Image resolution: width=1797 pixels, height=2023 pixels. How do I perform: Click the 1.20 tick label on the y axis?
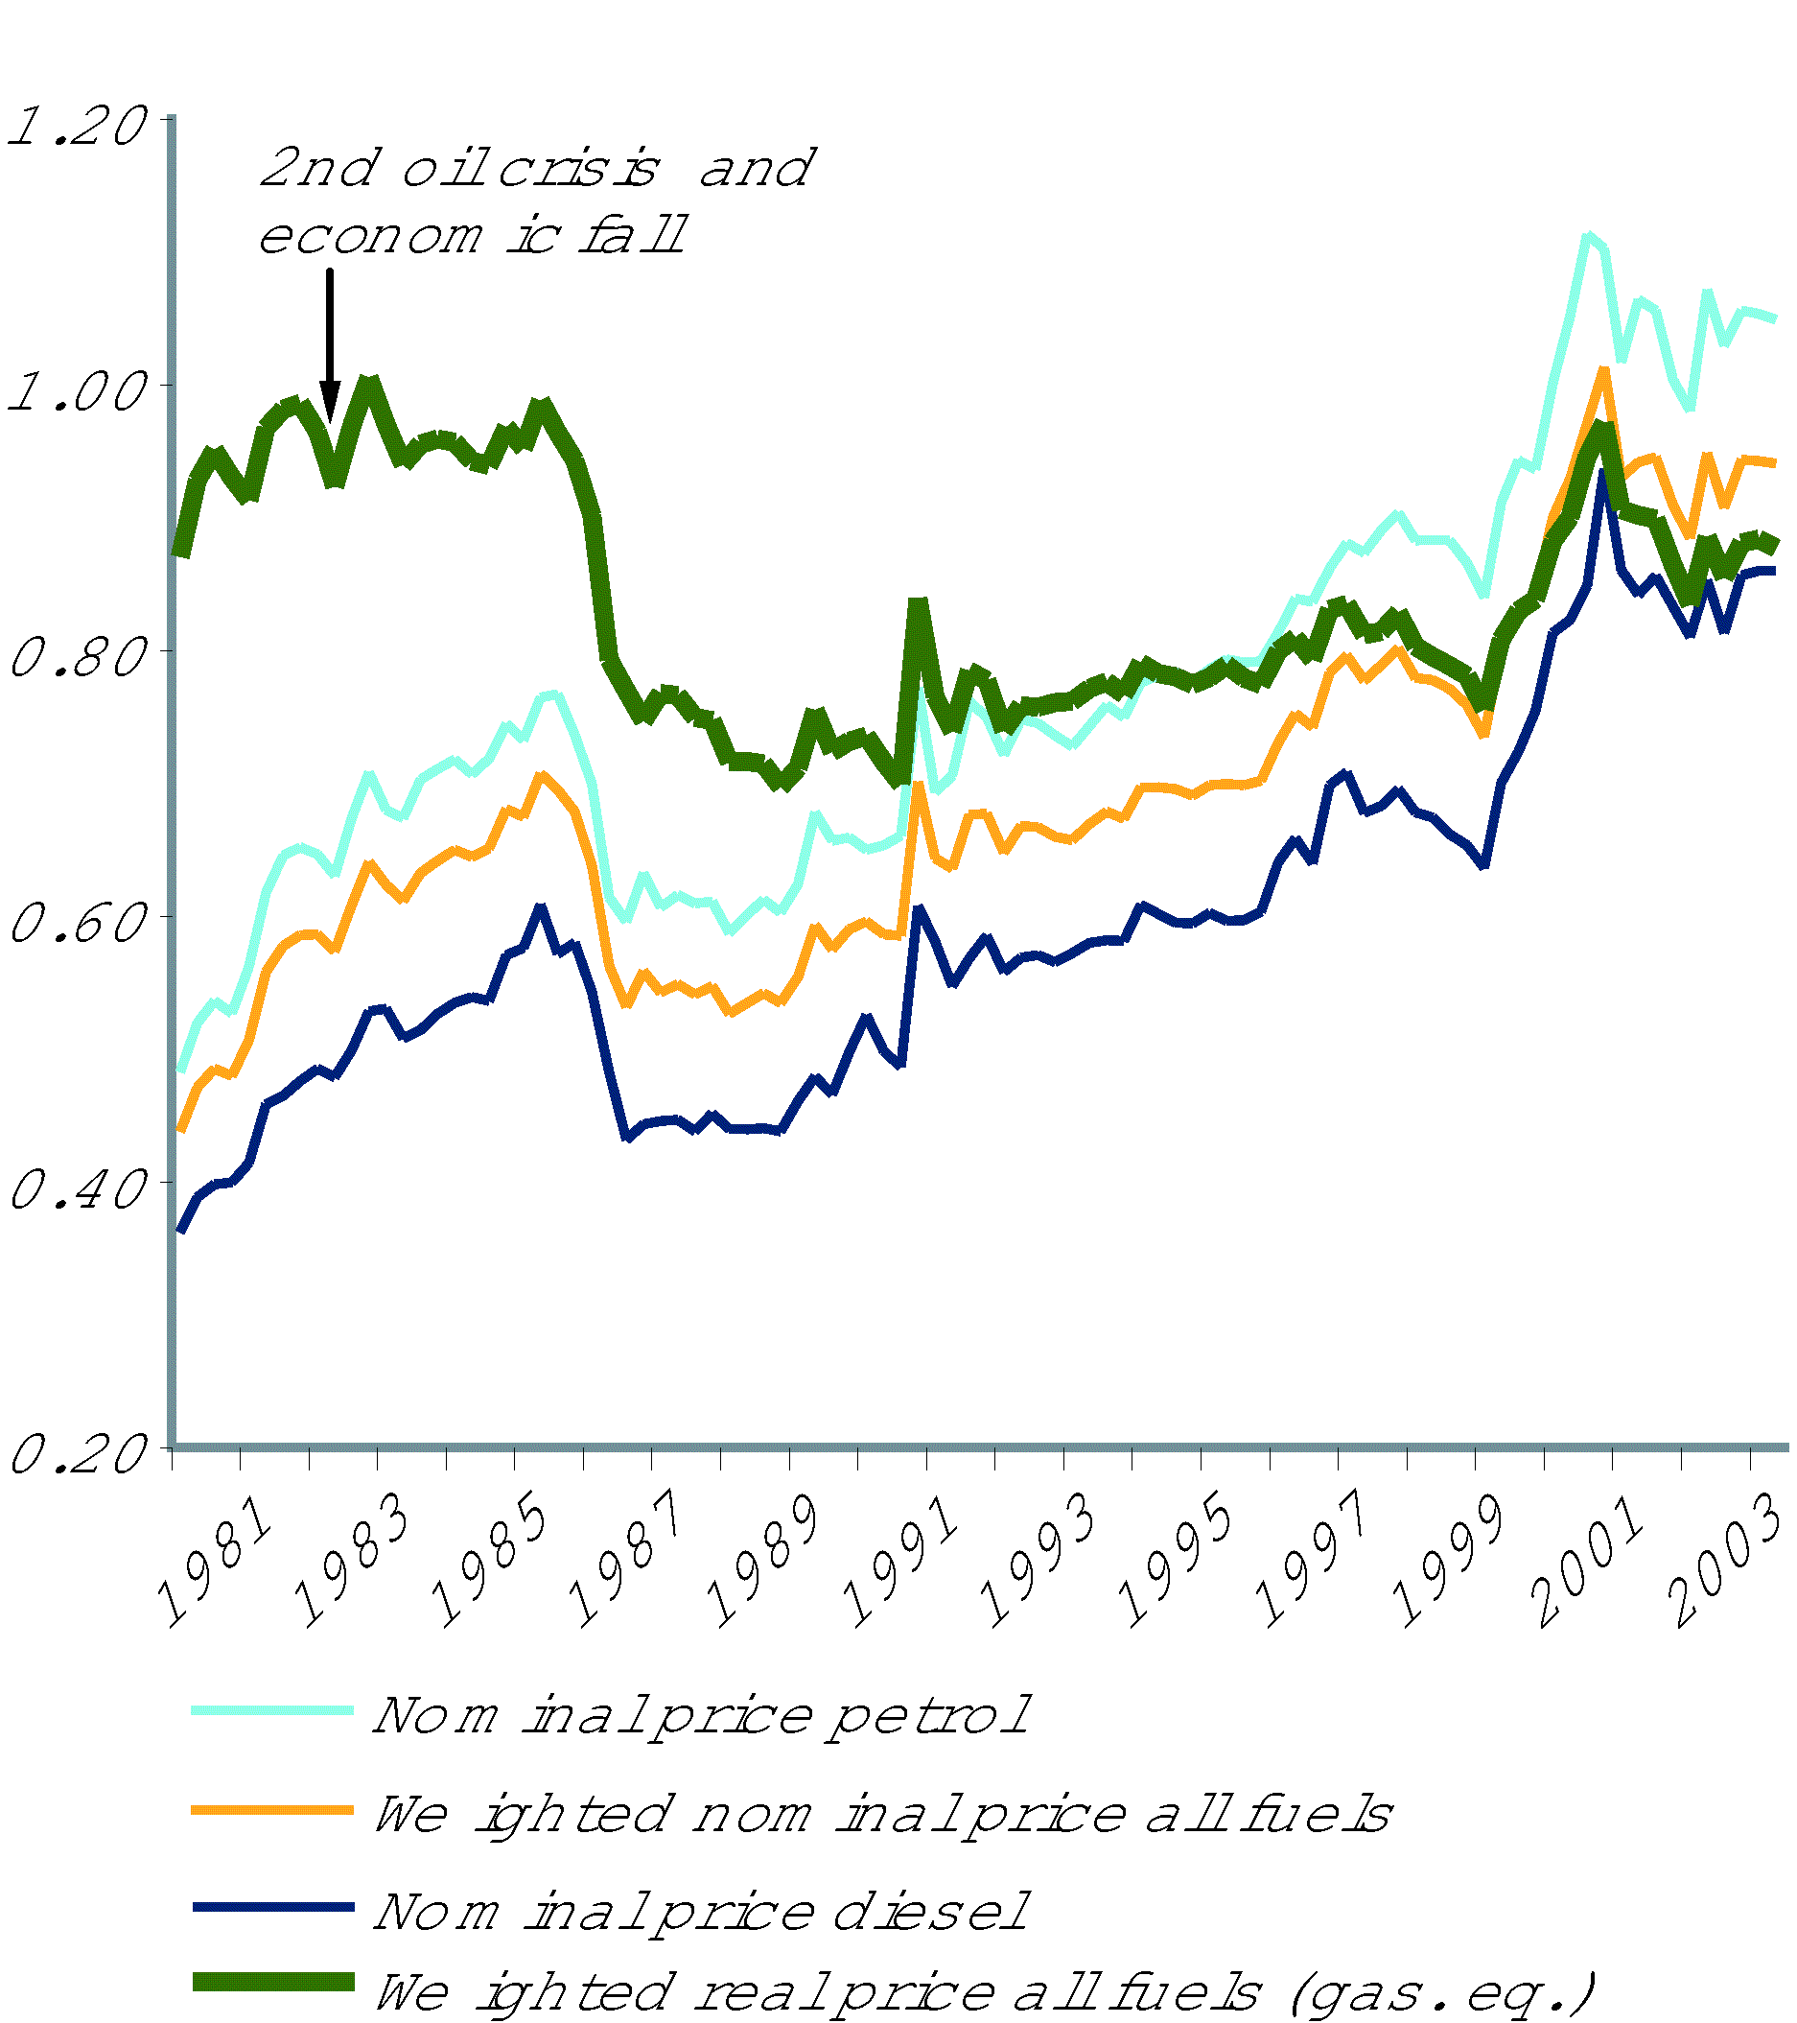[x=76, y=127]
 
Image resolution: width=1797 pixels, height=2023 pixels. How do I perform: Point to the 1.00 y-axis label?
[x=76, y=392]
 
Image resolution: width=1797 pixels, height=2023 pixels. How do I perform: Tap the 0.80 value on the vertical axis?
[x=76, y=657]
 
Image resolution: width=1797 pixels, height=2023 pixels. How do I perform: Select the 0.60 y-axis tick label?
[x=76, y=923]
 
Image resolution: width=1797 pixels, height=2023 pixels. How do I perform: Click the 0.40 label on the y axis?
[x=76, y=1188]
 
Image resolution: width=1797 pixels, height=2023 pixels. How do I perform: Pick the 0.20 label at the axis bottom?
[x=76, y=1453]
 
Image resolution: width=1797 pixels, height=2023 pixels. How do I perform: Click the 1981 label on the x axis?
[x=216, y=1562]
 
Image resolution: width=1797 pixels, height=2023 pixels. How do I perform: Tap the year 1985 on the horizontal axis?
[x=491, y=1562]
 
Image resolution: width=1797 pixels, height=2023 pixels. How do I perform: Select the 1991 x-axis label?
[x=902, y=1562]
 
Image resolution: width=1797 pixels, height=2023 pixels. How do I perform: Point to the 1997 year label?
[x=1314, y=1562]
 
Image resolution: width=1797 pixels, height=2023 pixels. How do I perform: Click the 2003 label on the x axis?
[x=1728, y=1562]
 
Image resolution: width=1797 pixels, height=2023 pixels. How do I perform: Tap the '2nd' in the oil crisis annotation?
[x=319, y=167]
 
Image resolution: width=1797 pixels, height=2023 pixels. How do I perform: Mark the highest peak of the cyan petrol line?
[x=1589, y=238]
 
